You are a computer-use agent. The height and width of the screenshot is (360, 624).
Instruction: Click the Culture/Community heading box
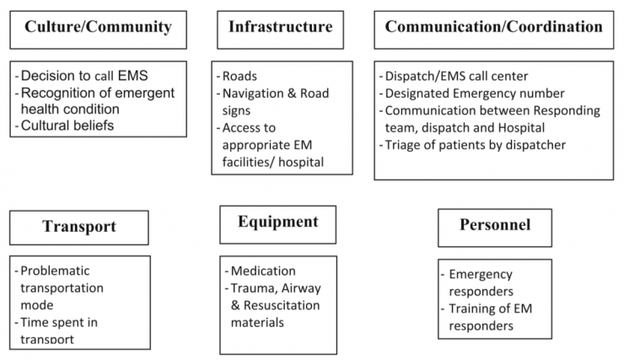coord(100,28)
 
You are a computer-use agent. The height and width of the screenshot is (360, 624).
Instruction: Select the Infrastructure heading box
coord(280,27)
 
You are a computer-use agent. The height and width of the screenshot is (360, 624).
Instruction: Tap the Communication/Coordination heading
coord(494,27)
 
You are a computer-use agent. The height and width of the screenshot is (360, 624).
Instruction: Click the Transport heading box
coord(78,226)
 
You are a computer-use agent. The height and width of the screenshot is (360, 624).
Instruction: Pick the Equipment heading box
coord(277,223)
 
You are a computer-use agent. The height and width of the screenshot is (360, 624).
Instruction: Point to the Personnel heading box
coord(494,225)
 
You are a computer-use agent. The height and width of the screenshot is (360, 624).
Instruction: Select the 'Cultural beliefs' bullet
coord(68,125)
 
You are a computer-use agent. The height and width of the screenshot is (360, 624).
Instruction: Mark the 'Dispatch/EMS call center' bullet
coord(451,75)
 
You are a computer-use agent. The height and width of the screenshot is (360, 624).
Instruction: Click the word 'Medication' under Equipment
coord(264,271)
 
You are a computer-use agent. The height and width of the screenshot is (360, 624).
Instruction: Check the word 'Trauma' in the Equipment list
coord(252,288)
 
